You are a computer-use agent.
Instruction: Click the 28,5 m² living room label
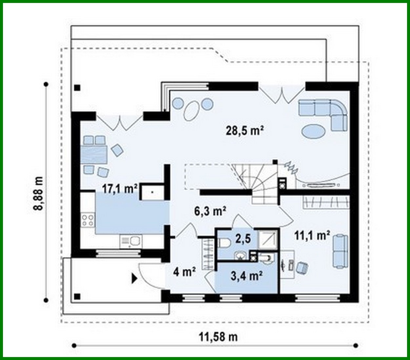click(x=245, y=130)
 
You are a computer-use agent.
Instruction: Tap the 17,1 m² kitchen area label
click(x=119, y=189)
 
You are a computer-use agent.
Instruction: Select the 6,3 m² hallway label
click(x=210, y=211)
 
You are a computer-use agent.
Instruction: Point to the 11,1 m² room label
click(x=312, y=235)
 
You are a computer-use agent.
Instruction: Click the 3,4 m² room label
click(x=246, y=276)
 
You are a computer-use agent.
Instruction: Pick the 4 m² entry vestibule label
click(x=184, y=271)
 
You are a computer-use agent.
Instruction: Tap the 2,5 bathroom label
click(x=243, y=239)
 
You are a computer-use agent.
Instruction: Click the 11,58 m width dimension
click(x=218, y=336)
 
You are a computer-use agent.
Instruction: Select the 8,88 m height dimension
click(x=38, y=193)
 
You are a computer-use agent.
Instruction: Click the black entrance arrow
click(x=134, y=279)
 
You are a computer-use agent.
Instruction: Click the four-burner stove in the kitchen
click(x=88, y=220)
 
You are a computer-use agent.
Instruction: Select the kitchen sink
click(x=131, y=241)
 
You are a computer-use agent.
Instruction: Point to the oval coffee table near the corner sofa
click(x=313, y=131)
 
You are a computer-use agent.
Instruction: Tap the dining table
click(x=94, y=155)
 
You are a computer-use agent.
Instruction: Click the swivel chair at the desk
click(x=302, y=268)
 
